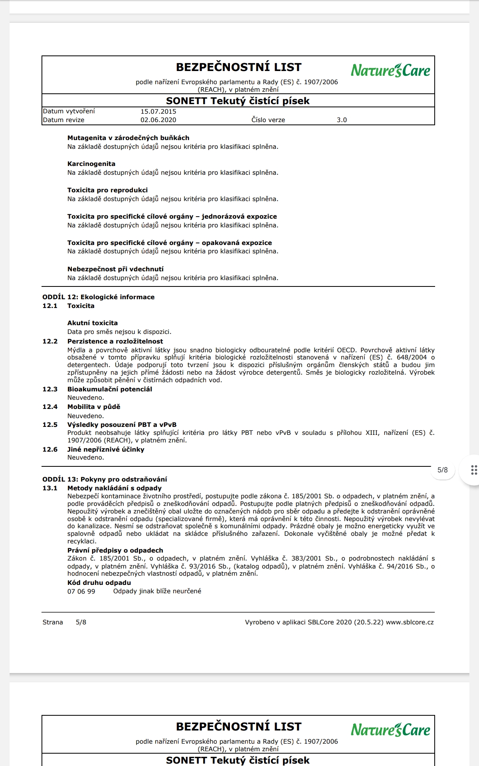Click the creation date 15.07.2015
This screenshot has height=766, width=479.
tap(158, 112)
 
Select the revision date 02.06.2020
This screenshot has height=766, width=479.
tap(158, 120)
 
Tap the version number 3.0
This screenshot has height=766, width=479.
tap(342, 120)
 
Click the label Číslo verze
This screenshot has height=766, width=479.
tap(268, 120)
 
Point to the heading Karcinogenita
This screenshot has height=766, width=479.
tap(91, 164)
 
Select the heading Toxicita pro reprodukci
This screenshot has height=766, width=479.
tap(107, 190)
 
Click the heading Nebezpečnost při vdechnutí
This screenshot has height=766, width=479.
tap(115, 269)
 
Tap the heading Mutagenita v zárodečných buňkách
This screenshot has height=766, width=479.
tap(128, 138)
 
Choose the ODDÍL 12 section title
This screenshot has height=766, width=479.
tap(98, 297)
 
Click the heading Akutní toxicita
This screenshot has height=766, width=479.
tap(93, 323)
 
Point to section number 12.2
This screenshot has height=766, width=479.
tap(50, 342)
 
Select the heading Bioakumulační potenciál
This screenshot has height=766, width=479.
tap(110, 389)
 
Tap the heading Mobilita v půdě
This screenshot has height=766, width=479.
tap(94, 407)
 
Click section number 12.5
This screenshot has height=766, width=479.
tap(50, 425)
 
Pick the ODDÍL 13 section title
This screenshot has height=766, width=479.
tap(105, 480)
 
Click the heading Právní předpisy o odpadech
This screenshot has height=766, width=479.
tap(115, 551)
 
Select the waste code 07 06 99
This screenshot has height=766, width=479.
tap(81, 592)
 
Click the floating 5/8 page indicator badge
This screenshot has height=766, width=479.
tap(443, 470)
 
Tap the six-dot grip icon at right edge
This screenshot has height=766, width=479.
tap(474, 470)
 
